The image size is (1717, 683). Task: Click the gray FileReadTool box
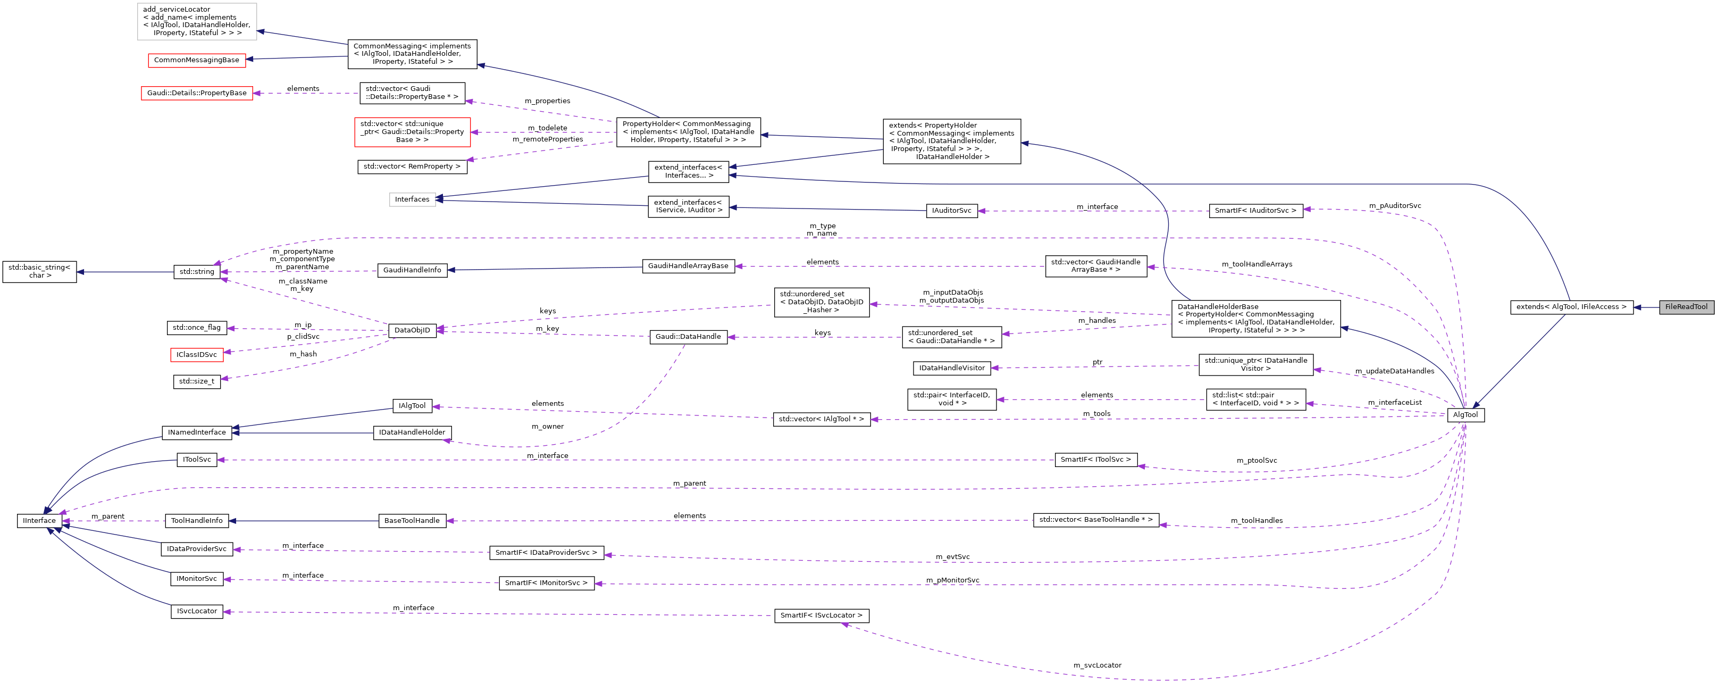point(1686,307)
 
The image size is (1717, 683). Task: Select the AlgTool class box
point(1465,415)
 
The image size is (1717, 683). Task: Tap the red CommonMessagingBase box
point(196,60)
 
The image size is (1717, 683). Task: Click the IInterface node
point(39,520)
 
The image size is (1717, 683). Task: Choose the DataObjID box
point(412,330)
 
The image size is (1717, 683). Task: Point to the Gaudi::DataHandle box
point(688,337)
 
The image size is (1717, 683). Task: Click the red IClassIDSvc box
point(196,355)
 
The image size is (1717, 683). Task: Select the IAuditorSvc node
point(951,210)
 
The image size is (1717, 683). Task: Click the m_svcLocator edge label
point(1097,665)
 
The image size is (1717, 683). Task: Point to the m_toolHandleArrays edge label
point(1257,264)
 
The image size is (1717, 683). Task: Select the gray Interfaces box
point(412,199)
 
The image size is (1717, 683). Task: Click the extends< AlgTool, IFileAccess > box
point(1571,307)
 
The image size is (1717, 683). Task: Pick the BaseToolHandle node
point(412,520)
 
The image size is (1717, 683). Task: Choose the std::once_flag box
point(196,328)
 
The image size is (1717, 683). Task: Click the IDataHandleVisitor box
point(951,368)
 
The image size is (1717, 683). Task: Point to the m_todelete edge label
point(547,128)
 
